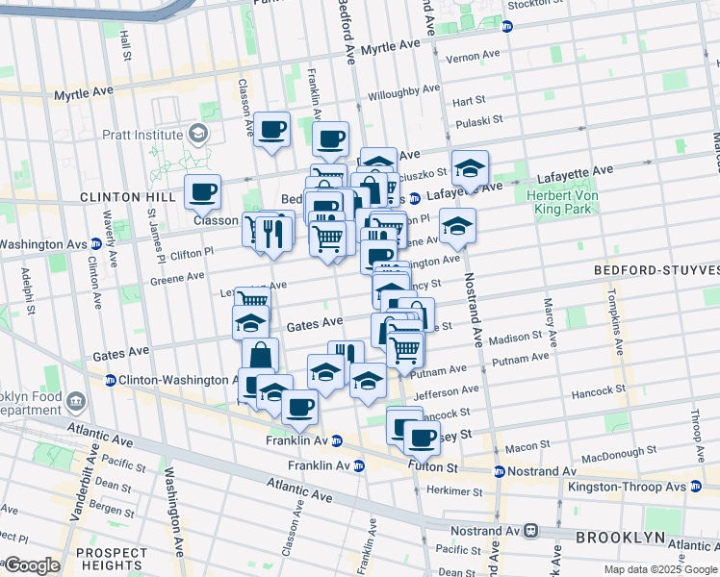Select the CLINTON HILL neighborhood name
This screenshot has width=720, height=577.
coord(115,196)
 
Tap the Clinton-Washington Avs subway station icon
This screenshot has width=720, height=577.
coord(111,380)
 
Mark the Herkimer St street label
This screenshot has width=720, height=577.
coord(453,491)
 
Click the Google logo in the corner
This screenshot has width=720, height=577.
coord(32,565)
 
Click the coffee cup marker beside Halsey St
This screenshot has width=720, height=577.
coord(421,439)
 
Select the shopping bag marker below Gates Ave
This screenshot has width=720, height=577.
coord(260,356)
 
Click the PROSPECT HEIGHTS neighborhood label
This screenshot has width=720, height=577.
coord(111,559)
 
